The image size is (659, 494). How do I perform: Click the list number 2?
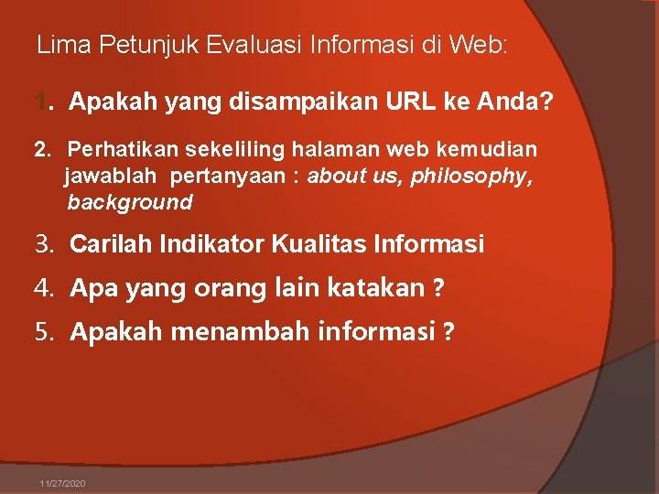click(x=39, y=148)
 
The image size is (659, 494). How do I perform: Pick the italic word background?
click(x=130, y=202)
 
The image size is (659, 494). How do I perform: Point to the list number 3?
click(x=42, y=244)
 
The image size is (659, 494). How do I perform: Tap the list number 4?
click(x=42, y=288)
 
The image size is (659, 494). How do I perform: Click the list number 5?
click(x=42, y=331)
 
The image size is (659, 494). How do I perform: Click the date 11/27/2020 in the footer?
click(x=63, y=483)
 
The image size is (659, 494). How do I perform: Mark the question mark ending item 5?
click(x=448, y=332)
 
